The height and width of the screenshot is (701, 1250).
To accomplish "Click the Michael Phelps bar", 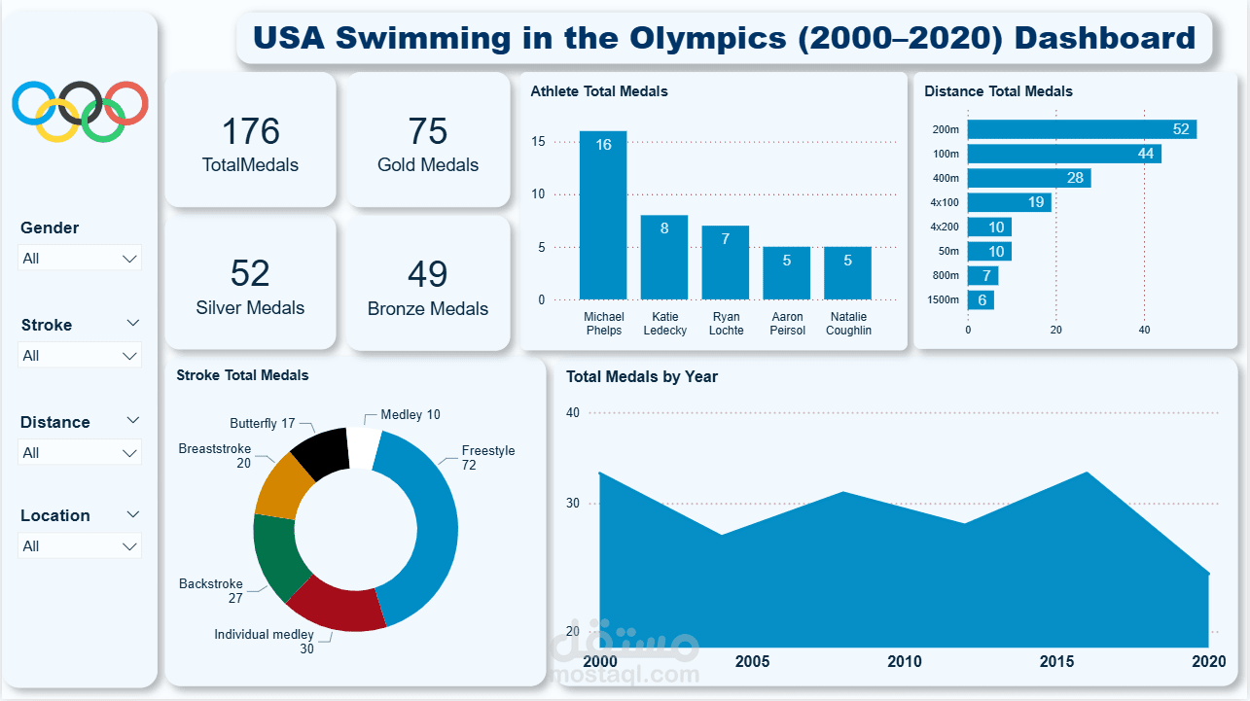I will (603, 215).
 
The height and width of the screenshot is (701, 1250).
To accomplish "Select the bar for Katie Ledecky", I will (664, 257).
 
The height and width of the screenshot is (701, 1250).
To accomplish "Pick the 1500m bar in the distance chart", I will (981, 300).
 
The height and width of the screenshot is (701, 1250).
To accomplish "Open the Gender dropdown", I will (81, 259).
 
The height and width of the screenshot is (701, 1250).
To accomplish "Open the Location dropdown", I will (81, 546).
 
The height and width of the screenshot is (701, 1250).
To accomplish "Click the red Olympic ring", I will (126, 103).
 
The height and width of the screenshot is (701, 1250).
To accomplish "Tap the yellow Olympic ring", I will (56, 121).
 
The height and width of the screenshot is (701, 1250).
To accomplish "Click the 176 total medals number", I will (250, 131).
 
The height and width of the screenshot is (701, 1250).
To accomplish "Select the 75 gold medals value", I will (428, 131).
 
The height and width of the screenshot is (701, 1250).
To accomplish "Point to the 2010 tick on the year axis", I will (905, 662).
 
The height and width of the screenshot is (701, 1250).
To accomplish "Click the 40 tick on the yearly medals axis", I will (572, 413).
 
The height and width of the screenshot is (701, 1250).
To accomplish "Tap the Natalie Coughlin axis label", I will (847, 324).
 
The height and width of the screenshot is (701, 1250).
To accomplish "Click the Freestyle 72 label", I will (488, 458).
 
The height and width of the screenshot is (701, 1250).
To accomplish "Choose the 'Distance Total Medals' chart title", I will (998, 91).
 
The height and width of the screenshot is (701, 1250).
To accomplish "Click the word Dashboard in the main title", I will (1105, 38).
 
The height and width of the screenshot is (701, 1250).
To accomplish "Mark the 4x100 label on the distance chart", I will (945, 202).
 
